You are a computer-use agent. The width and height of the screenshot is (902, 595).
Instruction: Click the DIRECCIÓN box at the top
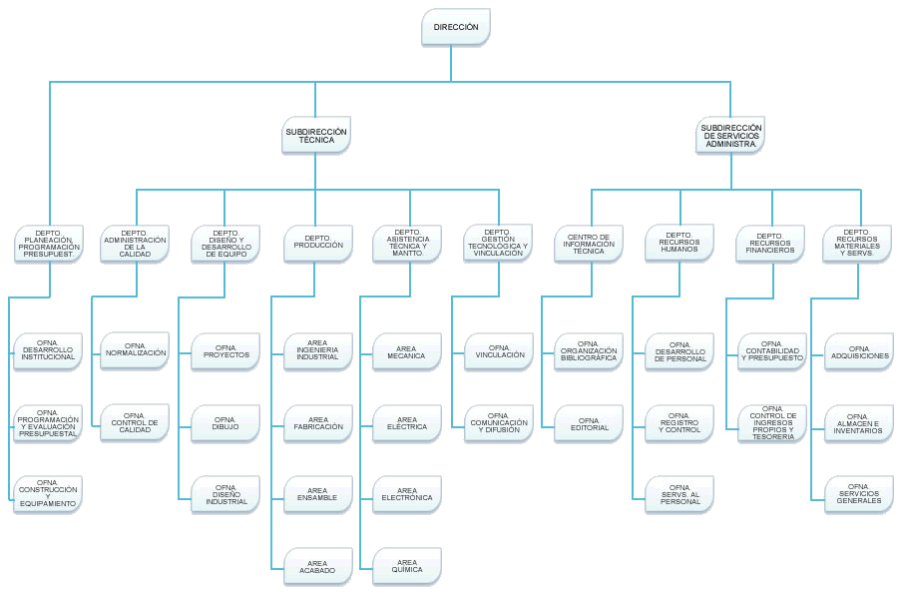pyautogui.click(x=456, y=27)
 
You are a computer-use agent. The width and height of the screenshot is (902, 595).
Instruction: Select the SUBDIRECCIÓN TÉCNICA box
pyautogui.click(x=316, y=136)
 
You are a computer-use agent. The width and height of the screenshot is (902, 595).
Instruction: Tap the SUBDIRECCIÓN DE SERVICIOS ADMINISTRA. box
pyautogui.click(x=730, y=136)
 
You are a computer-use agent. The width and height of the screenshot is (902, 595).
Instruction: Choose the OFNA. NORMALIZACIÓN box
pyautogui.click(x=135, y=352)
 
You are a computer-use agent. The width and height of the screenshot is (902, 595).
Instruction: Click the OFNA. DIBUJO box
pyautogui.click(x=226, y=422)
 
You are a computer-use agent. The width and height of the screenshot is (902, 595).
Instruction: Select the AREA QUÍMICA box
pyautogui.click(x=407, y=566)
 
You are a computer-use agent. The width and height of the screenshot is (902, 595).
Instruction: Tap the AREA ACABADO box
pyautogui.click(x=318, y=566)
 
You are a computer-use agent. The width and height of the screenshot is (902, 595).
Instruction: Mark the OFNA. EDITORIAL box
pyautogui.click(x=589, y=422)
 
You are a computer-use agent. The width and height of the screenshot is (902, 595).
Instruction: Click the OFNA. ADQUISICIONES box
pyautogui.click(x=859, y=352)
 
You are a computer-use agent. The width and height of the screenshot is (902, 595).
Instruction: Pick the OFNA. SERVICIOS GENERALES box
pyautogui.click(x=859, y=494)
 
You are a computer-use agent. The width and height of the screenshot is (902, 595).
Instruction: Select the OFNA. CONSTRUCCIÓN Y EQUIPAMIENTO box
pyautogui.click(x=47, y=494)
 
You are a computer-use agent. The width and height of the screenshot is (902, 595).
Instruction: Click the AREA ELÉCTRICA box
pyautogui.click(x=407, y=422)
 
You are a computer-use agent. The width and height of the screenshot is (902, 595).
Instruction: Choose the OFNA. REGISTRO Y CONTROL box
pyautogui.click(x=680, y=422)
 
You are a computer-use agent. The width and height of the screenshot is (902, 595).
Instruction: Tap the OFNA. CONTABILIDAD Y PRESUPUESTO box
pyautogui.click(x=771, y=352)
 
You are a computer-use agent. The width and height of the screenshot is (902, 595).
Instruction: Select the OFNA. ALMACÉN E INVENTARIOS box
pyautogui.click(x=859, y=422)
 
